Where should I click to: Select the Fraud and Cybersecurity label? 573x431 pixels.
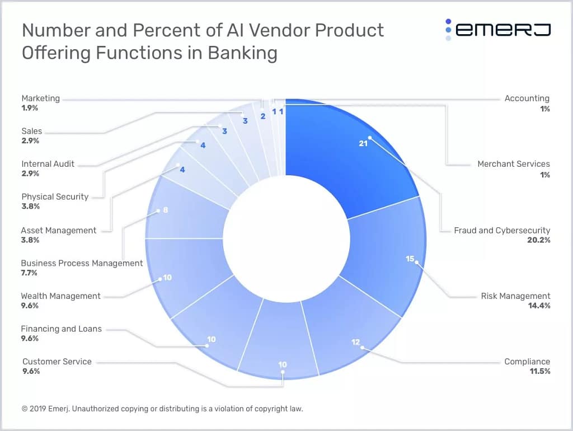[502, 230]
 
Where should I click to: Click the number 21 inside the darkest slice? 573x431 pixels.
[363, 143]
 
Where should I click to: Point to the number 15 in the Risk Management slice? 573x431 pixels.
[410, 259]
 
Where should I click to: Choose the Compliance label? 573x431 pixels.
[527, 362]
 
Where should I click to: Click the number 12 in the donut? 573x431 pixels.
[356, 342]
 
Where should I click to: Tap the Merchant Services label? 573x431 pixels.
[513, 164]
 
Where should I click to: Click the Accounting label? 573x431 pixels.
[527, 98]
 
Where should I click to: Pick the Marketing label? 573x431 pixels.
[40, 98]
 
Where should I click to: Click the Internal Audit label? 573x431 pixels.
[48, 164]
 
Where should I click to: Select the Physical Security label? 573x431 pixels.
[55, 196]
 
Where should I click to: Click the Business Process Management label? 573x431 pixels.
[82, 263]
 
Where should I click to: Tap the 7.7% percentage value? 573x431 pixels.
[29, 273]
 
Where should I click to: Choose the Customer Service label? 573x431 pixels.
[57, 362]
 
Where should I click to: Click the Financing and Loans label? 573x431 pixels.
[61, 329]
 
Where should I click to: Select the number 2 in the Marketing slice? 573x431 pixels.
[262, 116]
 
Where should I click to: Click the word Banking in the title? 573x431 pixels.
[242, 53]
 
